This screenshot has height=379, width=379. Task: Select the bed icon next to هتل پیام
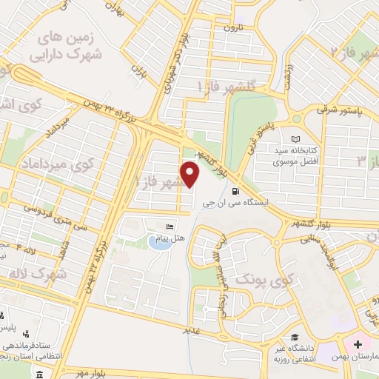(x=170, y=226)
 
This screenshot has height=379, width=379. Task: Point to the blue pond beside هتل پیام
(x=158, y=241)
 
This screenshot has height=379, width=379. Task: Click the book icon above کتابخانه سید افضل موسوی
(x=296, y=139)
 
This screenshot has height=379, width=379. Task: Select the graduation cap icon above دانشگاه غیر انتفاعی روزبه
(x=295, y=337)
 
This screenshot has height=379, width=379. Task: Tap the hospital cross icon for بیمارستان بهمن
(x=358, y=344)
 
